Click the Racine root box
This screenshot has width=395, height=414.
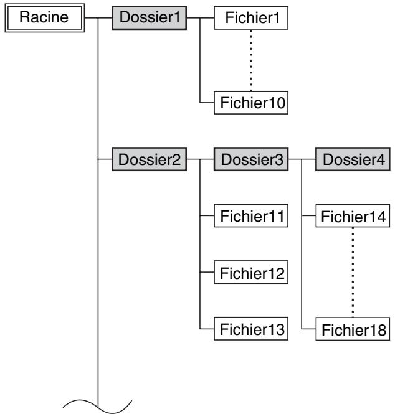coord(45,18)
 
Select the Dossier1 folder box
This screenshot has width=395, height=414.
coord(150,18)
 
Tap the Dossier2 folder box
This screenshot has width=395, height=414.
coord(150,159)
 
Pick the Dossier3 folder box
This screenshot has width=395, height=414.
coord(251,159)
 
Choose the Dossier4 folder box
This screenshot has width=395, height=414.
coord(353,159)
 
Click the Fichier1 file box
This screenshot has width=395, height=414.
coord(251,18)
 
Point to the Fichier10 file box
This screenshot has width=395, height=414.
coord(251,103)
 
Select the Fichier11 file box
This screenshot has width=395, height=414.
coord(251,215)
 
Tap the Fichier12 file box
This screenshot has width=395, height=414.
coord(251,272)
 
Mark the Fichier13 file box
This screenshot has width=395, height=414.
coord(251,329)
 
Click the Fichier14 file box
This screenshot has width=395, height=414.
coord(353,215)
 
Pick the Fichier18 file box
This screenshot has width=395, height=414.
coord(353,329)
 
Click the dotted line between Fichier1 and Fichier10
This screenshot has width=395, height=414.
coord(251,60)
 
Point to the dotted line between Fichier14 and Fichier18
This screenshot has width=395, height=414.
coord(353,272)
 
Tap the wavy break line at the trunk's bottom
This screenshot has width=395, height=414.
coord(97,407)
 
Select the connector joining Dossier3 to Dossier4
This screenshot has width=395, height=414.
coord(302,159)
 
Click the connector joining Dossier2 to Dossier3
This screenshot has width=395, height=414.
coord(200,159)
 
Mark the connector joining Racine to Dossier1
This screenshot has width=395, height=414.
coord(98,18)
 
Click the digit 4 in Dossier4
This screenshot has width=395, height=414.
coord(381,159)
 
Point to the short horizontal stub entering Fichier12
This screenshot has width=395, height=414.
coord(207,272)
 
